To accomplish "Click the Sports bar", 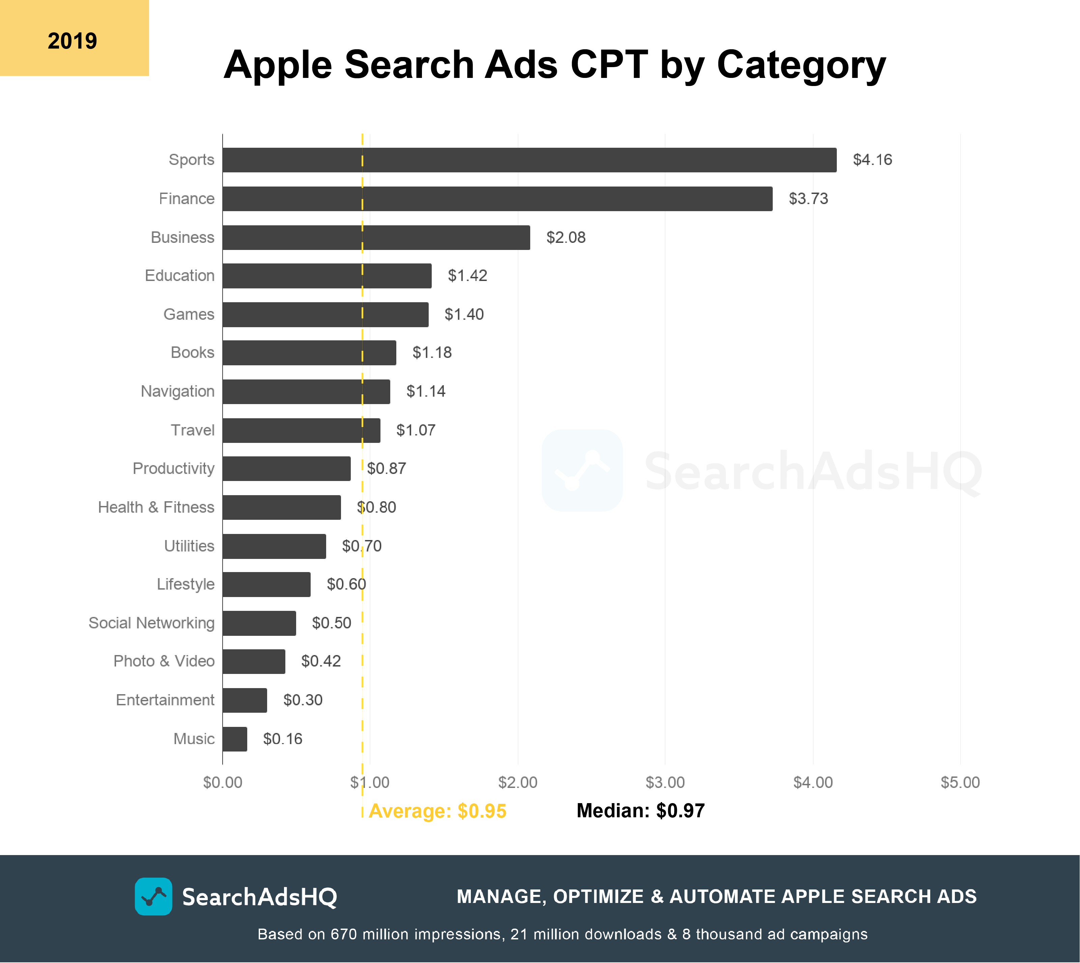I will coord(529,160).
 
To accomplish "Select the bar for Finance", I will coord(498,198).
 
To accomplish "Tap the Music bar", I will coord(234,739).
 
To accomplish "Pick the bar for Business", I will coord(376,237).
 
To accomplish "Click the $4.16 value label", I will coord(872,160).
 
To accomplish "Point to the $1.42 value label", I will coord(467,276).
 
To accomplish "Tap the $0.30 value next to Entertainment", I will coord(303,700).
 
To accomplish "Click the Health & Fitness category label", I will coord(156,507).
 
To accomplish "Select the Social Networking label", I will coord(151,623).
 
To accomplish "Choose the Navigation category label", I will coord(177,391).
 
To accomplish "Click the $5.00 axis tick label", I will coord(960,782).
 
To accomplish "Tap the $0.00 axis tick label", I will coord(222,782).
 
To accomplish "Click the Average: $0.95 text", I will coord(437,811).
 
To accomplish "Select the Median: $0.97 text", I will coord(640,811).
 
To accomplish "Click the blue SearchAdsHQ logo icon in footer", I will coord(153,896).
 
